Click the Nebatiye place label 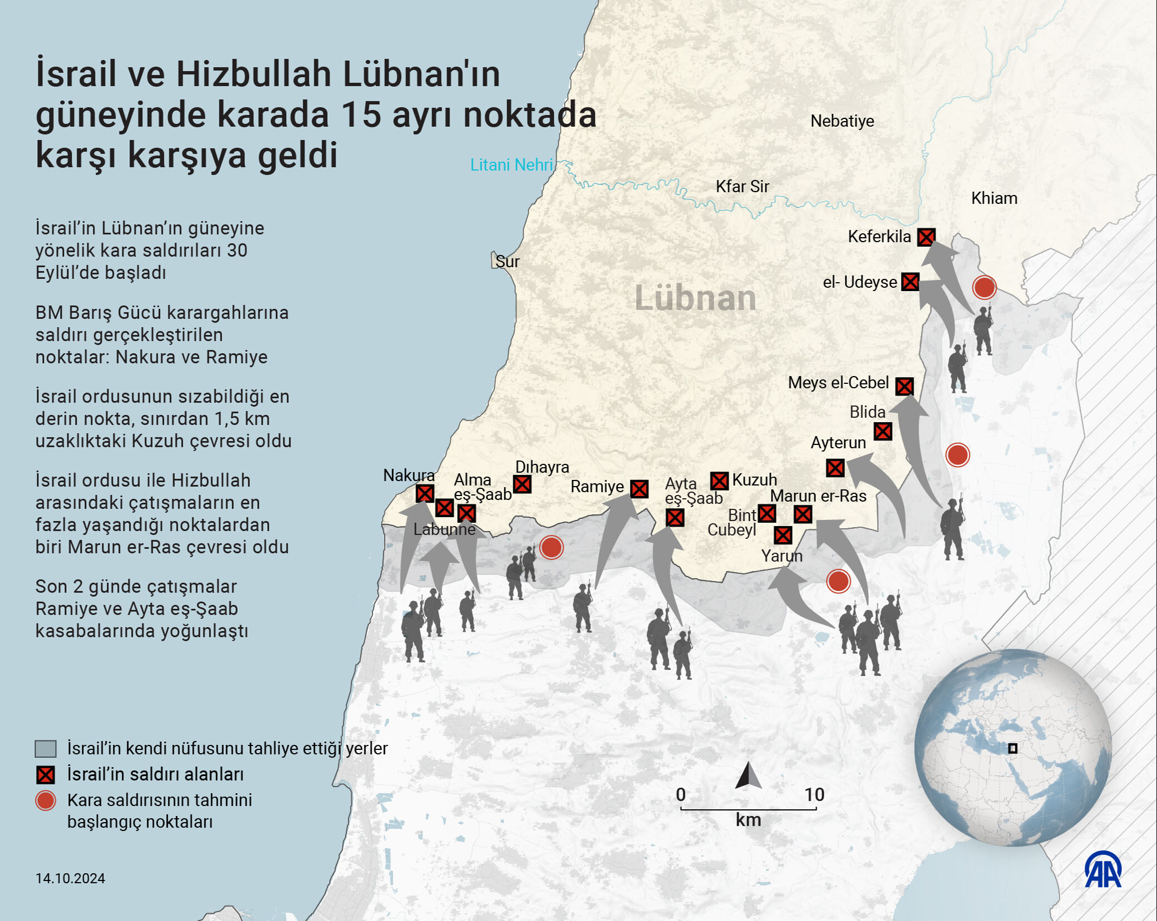pyautogui.click(x=842, y=121)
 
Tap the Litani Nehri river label pyautogui.click(x=511, y=165)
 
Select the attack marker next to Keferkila pyautogui.click(x=925, y=238)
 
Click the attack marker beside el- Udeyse pyautogui.click(x=910, y=282)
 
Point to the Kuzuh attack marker pyautogui.click(x=719, y=481)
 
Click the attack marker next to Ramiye pyautogui.click(x=639, y=489)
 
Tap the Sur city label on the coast pyautogui.click(x=507, y=262)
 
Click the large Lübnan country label pyautogui.click(x=695, y=298)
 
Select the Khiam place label pyautogui.click(x=994, y=198)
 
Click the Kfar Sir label pyautogui.click(x=742, y=187)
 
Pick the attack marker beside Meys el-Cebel pyautogui.click(x=904, y=386)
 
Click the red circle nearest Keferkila pyautogui.click(x=984, y=288)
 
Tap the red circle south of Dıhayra pyautogui.click(x=552, y=547)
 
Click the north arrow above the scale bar pyautogui.click(x=748, y=776)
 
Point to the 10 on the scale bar pyautogui.click(x=814, y=794)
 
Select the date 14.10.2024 pyautogui.click(x=70, y=878)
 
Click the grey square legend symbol pyautogui.click(x=46, y=749)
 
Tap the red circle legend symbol pyautogui.click(x=46, y=800)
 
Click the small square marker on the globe pyautogui.click(x=1013, y=748)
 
